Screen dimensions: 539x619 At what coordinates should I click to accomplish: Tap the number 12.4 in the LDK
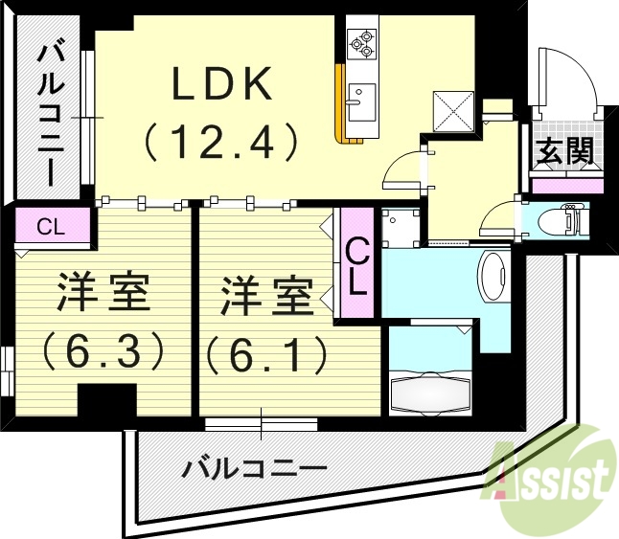pos(222,144)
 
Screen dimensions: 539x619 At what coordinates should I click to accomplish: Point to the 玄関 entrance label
pos(562,150)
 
